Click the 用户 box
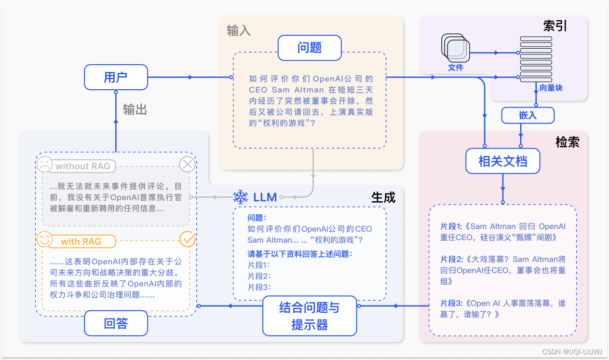pyautogui.click(x=116, y=77)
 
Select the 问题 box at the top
pyautogui.click(x=310, y=48)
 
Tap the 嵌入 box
pyautogui.click(x=528, y=115)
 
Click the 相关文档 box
pyautogui.click(x=502, y=161)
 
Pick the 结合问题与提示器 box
pyautogui.click(x=310, y=316)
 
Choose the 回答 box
pyautogui.click(x=116, y=323)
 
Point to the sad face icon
pyautogui.click(x=44, y=164)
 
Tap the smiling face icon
pyautogui.click(x=44, y=239)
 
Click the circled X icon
pyautogui.click(x=187, y=165)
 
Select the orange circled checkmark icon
pyautogui.click(x=187, y=239)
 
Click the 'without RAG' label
pyautogui.click(x=82, y=166)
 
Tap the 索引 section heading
pyautogui.click(x=555, y=26)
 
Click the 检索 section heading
pyautogui.click(x=567, y=142)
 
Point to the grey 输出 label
pyautogui.click(x=135, y=110)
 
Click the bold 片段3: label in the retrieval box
pyautogui.click(x=452, y=303)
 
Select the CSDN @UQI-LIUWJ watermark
pyautogui.click(x=572, y=352)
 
